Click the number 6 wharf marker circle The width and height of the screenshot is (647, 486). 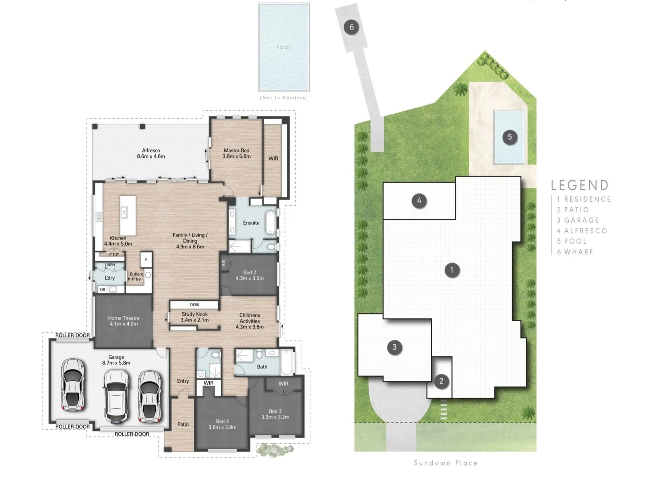click(351, 27)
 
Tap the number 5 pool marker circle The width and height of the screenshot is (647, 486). click(510, 137)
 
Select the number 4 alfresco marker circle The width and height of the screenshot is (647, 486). click(419, 201)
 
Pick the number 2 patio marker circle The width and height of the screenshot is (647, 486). click(441, 381)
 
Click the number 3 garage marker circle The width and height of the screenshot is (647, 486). click(394, 347)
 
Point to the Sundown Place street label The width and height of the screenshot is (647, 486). click(445, 463)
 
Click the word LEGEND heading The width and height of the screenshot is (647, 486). click(580, 185)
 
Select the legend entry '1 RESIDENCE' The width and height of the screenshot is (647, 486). click(584, 199)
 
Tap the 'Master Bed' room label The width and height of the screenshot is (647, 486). click(236, 150)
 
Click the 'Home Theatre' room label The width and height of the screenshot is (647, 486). click(124, 318)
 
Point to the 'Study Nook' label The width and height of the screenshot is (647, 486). click(195, 314)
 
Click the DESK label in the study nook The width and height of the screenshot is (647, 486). click(195, 305)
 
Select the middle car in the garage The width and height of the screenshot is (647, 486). click(116, 396)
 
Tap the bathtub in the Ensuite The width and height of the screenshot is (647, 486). click(270, 222)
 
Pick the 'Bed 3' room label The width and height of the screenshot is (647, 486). click(275, 411)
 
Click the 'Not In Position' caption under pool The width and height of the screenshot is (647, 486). click(284, 98)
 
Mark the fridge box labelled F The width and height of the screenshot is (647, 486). click(146, 260)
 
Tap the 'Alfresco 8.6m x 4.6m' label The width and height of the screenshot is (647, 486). click(151, 153)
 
